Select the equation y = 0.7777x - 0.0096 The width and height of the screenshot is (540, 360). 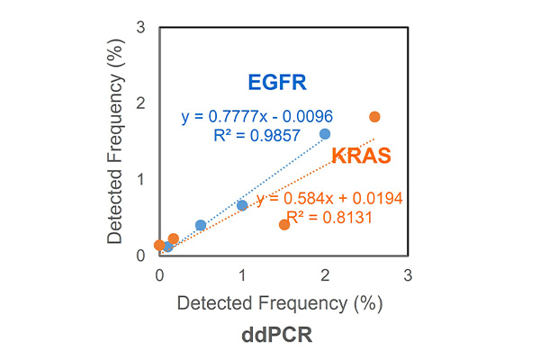(255, 116)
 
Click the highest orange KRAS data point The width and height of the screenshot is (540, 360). (374, 117)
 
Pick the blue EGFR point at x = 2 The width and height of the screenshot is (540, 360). (325, 133)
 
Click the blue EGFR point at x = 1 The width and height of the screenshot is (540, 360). (242, 205)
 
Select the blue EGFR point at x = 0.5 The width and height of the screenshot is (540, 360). (201, 225)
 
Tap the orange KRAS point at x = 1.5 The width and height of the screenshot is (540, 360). (284, 224)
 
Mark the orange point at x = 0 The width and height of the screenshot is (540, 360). (159, 245)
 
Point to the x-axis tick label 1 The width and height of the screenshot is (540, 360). (242, 273)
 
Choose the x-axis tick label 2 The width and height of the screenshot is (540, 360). (325, 273)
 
